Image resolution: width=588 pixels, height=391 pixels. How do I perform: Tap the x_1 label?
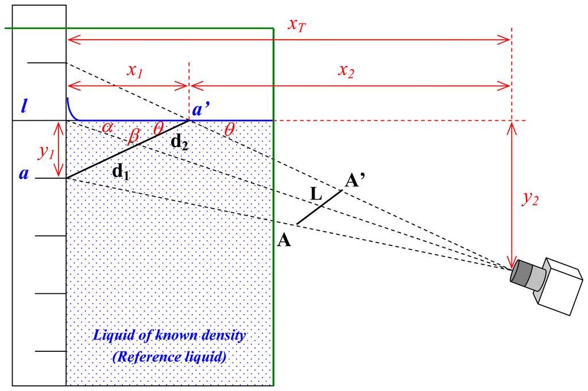(x=135, y=71)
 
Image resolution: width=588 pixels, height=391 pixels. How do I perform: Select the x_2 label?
(x=346, y=71)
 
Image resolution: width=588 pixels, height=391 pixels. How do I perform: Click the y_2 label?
(x=530, y=199)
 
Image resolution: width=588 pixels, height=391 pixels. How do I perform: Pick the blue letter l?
(x=24, y=106)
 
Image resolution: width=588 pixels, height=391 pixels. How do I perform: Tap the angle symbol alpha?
(x=107, y=128)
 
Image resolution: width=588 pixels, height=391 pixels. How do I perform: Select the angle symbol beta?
(x=134, y=137)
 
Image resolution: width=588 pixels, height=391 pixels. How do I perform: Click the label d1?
(x=120, y=171)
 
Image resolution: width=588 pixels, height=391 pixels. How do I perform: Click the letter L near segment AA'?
(x=315, y=195)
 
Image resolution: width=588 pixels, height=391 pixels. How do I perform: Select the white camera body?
(x=559, y=285)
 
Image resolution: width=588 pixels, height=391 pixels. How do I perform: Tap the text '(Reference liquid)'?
(x=169, y=356)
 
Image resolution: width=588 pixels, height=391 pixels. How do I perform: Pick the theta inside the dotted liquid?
(x=158, y=129)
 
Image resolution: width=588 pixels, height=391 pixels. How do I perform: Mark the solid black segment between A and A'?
(x=319, y=208)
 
